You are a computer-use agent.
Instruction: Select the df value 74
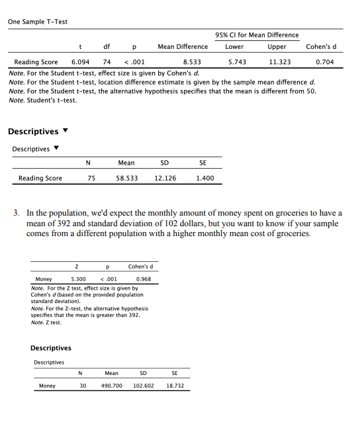pos(106,61)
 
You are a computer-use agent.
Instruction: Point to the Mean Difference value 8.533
pos(192,61)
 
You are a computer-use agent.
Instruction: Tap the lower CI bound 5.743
pos(237,61)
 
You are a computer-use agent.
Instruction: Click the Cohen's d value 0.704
pos(325,61)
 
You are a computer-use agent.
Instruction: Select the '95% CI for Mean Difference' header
pos(257,35)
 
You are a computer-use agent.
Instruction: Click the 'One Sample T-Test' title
pos(38,21)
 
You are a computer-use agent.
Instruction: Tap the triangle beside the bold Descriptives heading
pos(66,132)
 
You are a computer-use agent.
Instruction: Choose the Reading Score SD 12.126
pos(165,178)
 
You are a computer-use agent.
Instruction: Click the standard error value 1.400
pos(204,178)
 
